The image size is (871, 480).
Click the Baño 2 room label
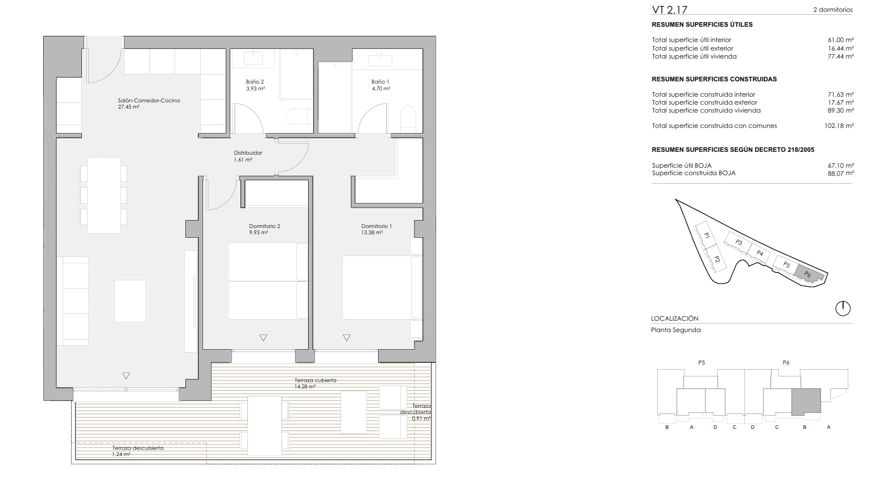click(255, 82)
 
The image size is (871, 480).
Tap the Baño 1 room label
click(380, 82)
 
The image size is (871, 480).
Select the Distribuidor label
click(248, 153)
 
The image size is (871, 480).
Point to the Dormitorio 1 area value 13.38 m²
click(372, 233)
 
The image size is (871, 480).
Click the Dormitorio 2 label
click(264, 226)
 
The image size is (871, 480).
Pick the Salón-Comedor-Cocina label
click(148, 100)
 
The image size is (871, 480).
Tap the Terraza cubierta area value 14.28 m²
click(305, 387)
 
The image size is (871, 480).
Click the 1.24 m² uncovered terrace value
click(121, 454)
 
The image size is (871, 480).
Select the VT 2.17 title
click(670, 10)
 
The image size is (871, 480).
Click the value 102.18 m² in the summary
click(839, 126)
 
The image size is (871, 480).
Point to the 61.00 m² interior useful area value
click(841, 40)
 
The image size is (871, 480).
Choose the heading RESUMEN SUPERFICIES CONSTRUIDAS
click(714, 79)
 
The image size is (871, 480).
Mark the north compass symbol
click(843, 308)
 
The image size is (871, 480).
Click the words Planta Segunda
click(676, 330)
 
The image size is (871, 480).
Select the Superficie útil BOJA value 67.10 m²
click(841, 165)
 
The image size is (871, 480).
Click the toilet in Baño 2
click(300, 117)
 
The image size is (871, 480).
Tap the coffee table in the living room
click(130, 301)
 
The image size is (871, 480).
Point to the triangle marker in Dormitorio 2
click(263, 338)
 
